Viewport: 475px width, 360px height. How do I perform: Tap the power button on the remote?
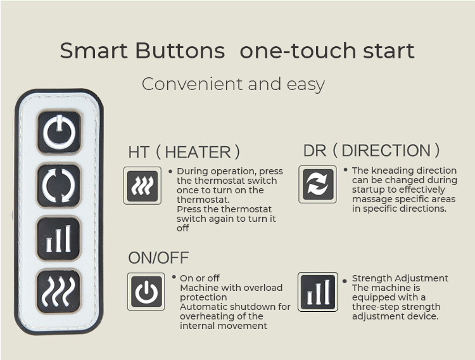[x=59, y=132]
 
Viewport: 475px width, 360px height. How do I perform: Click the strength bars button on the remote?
[x=59, y=238]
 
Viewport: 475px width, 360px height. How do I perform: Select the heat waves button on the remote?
[x=59, y=291]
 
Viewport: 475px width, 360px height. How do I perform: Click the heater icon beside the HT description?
[x=142, y=186]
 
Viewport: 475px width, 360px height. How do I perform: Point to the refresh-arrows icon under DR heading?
[x=317, y=184]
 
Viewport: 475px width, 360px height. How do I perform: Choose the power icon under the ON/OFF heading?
[x=146, y=292]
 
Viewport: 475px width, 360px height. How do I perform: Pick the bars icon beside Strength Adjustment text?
[x=318, y=292]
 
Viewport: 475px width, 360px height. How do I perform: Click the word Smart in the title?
[x=94, y=51]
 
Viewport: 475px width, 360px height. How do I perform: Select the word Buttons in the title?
[x=180, y=51]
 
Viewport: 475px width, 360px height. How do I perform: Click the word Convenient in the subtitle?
[x=193, y=84]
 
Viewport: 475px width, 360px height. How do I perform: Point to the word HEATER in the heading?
[x=198, y=152]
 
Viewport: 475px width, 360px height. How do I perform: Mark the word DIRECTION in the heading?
[x=386, y=150]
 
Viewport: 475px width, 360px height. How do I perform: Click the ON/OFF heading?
[x=158, y=258]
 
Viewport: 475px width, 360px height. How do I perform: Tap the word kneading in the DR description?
[x=391, y=170]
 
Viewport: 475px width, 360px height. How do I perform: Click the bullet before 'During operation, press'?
[x=170, y=171]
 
